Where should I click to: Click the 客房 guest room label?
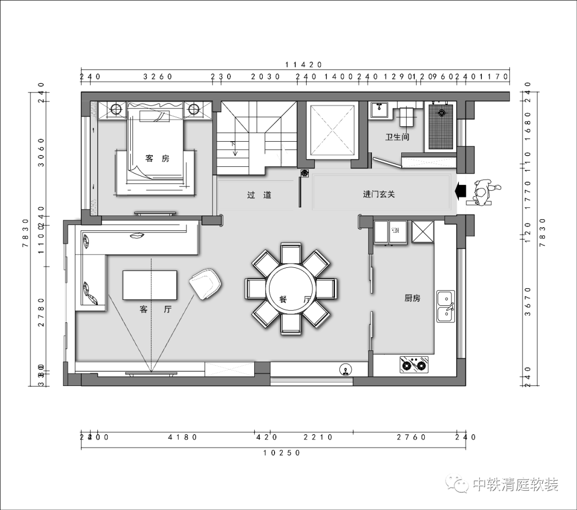[x=157, y=158]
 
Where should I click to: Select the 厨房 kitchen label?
[x=412, y=298]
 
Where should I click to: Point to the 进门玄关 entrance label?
[x=379, y=195]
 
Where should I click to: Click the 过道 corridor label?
[x=259, y=195]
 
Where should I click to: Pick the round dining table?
[x=291, y=289]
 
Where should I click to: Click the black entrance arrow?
[x=460, y=190]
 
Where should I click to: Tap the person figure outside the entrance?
[x=484, y=192]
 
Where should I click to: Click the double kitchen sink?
[x=446, y=306]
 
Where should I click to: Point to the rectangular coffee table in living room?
[x=150, y=285]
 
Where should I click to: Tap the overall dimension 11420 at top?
[x=303, y=64]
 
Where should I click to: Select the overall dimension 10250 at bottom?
[x=282, y=453]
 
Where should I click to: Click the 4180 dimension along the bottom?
[x=183, y=437]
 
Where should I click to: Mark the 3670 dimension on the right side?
[x=528, y=302]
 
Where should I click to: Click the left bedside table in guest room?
[x=116, y=110]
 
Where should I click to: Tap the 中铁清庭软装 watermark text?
[x=515, y=485]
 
